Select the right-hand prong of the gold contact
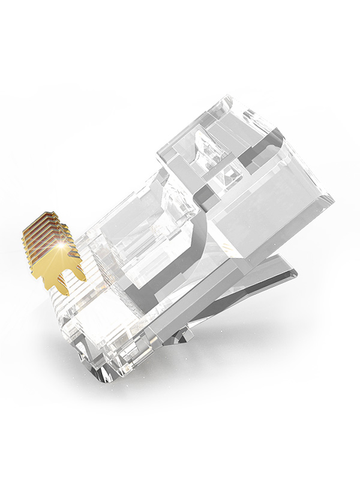[x=76, y=271]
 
